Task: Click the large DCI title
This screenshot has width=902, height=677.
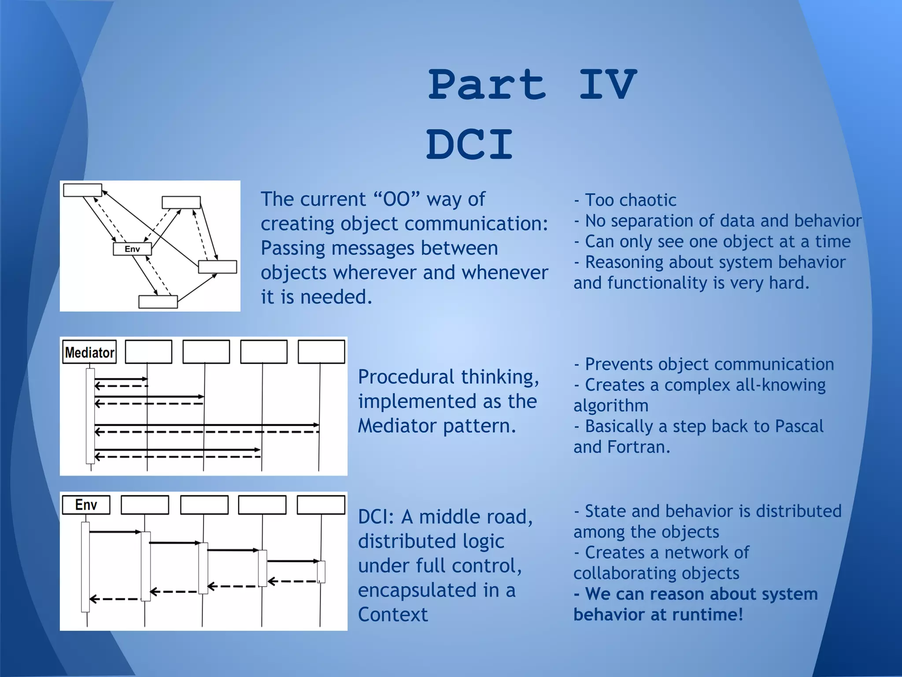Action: tap(469, 145)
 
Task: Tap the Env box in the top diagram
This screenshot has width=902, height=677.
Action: tap(132, 249)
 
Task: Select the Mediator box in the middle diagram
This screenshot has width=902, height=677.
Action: tap(89, 352)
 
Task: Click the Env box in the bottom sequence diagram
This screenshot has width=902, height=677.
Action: tap(86, 505)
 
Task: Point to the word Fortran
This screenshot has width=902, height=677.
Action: tap(638, 447)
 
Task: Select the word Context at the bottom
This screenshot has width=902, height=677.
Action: tap(392, 615)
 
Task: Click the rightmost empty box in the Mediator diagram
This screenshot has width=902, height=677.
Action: tap(321, 352)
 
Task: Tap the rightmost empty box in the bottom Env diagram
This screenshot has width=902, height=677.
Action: tap(321, 505)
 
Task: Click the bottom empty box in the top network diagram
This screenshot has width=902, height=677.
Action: tap(158, 302)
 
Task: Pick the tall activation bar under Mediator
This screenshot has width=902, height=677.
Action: tap(90, 416)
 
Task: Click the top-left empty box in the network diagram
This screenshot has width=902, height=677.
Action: tap(82, 190)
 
